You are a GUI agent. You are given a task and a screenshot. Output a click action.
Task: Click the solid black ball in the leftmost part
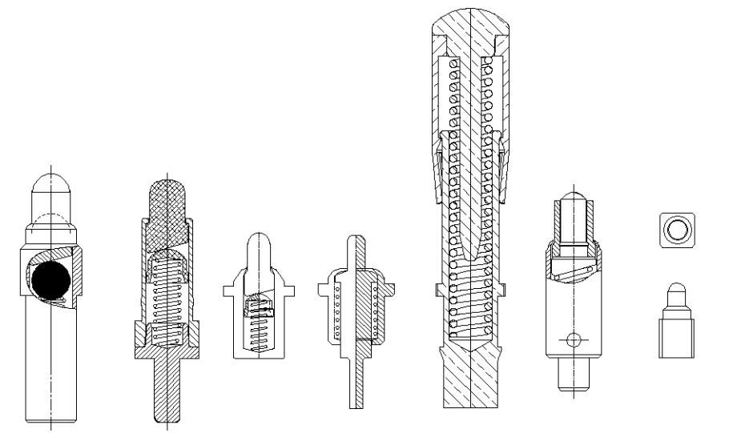click(x=51, y=280)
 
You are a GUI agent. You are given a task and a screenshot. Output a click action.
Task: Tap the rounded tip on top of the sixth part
click(x=572, y=197)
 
